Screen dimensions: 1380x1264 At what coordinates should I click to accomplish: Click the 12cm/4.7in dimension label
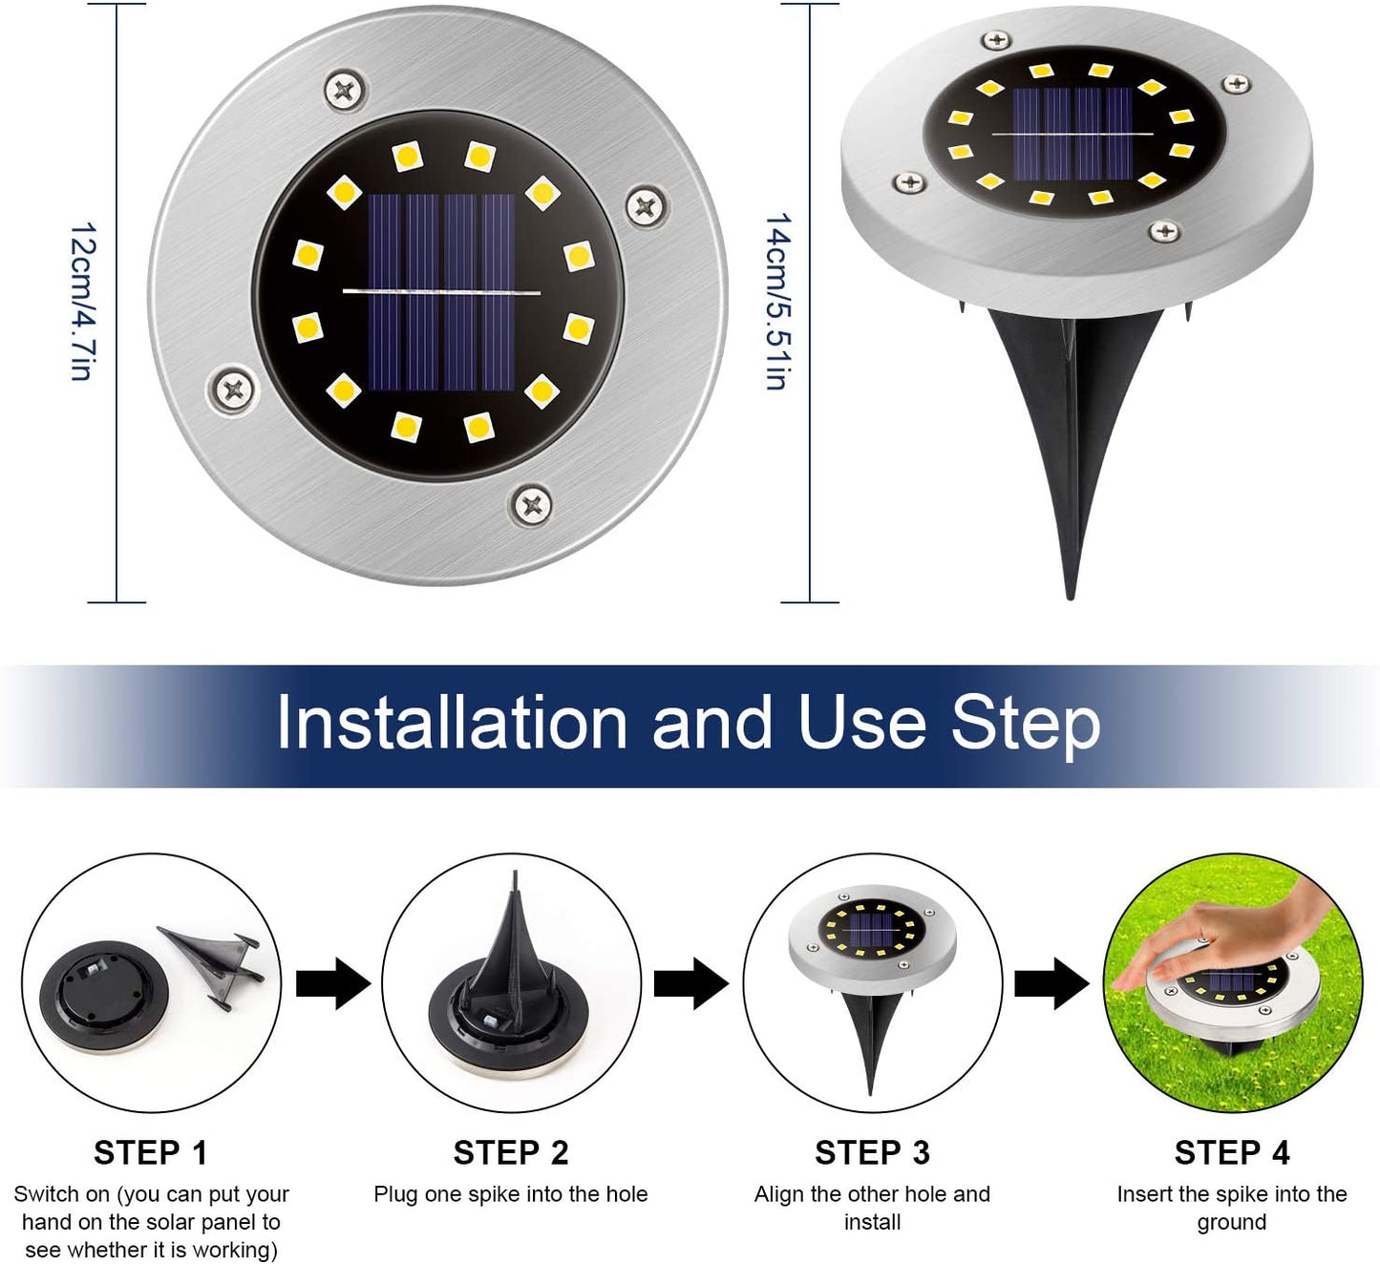[x=82, y=302]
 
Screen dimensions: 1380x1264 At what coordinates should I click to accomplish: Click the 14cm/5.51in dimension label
[x=778, y=302]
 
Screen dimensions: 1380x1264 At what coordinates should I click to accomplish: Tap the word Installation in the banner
[x=452, y=722]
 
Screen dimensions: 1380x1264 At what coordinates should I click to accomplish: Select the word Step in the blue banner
[x=1025, y=727]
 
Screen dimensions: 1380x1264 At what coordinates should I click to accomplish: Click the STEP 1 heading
[x=151, y=1153]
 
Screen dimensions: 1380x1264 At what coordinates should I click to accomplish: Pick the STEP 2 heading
[x=511, y=1153]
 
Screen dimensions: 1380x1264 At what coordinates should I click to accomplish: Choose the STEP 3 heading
[x=872, y=1153]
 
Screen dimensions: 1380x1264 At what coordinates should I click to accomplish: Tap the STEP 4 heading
[x=1232, y=1153]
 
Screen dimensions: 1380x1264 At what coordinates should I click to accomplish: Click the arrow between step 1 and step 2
[x=333, y=983]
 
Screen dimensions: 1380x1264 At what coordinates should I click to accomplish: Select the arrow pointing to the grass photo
[x=1051, y=983]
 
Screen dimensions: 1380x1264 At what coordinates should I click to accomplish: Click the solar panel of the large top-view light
[x=441, y=293]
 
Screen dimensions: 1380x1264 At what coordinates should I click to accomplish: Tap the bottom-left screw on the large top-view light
[x=232, y=390]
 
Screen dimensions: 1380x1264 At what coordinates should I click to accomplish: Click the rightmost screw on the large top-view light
[x=646, y=205]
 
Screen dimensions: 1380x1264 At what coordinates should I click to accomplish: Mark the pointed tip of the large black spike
[x=1070, y=599]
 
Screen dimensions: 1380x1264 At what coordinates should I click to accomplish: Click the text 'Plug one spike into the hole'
[x=511, y=1194]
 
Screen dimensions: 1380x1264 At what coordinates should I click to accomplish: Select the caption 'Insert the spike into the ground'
[x=1232, y=1209]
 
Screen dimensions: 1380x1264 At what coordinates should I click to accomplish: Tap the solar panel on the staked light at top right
[x=1072, y=134]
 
